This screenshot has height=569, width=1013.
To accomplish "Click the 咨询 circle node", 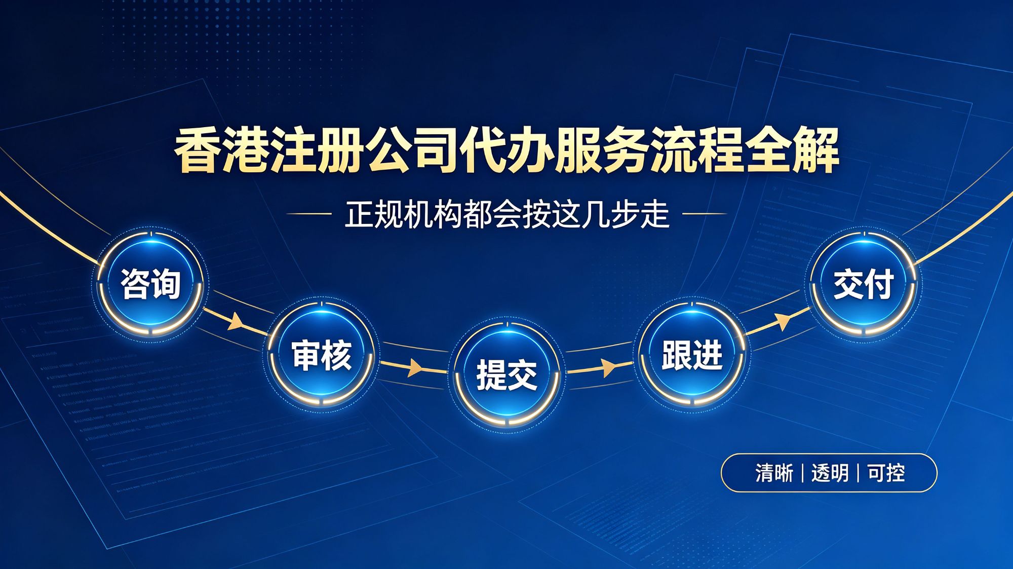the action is [x=150, y=284].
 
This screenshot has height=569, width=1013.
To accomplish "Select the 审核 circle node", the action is [x=322, y=355].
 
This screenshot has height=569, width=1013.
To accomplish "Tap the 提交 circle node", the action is [x=506, y=375].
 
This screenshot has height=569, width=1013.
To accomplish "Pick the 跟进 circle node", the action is [x=692, y=355].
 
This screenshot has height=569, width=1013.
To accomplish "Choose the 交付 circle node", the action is [x=864, y=284].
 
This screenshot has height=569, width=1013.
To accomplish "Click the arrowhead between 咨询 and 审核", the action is [x=236, y=321].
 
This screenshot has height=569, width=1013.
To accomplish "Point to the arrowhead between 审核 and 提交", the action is [x=415, y=367].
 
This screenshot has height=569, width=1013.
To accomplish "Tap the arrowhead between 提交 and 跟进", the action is [x=608, y=367].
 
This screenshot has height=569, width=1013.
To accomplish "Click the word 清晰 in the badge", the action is [x=774, y=473].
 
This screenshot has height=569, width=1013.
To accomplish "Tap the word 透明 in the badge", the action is [x=830, y=473].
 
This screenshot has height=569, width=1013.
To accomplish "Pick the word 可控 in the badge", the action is [x=886, y=473].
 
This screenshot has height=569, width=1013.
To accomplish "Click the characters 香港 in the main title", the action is [x=221, y=150].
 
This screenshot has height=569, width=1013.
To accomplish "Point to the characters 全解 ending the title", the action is [x=792, y=150].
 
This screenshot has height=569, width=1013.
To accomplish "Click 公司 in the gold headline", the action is [x=411, y=150].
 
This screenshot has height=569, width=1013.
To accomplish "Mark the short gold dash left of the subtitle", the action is [x=309, y=214].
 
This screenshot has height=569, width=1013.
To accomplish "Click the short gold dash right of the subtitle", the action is [x=705, y=214].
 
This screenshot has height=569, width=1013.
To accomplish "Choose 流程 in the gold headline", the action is [x=697, y=150].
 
